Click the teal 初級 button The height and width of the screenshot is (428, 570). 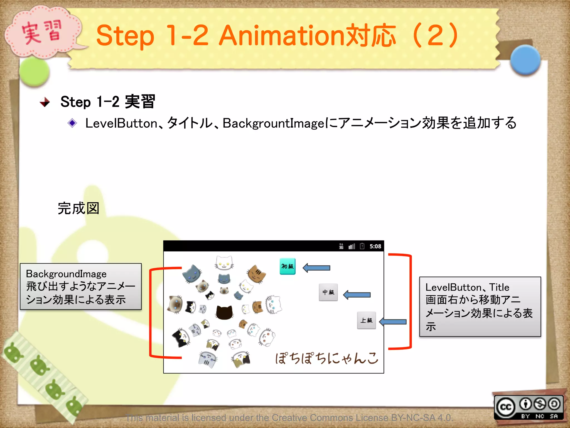point(288,266)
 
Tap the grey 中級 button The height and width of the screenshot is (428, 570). point(328,292)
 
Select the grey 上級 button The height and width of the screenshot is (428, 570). point(366,320)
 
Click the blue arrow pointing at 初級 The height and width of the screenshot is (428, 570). point(316,268)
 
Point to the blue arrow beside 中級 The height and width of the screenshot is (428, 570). point(357,295)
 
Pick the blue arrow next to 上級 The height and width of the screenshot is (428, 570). point(393,322)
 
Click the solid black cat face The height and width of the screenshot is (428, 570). point(224,312)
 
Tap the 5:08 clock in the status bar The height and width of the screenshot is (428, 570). point(375,246)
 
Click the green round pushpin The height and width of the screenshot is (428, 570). point(35,72)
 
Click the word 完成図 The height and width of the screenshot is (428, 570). point(78,208)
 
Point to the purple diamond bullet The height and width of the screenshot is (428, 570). point(72,123)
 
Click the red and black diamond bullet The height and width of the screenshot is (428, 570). point(45,102)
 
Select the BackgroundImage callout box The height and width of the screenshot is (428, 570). point(81,286)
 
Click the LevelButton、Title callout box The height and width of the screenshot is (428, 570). point(480,307)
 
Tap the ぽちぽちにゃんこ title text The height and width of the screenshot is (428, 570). point(327,358)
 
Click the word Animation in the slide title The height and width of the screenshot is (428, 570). point(281,35)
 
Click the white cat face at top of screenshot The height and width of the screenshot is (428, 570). point(224,262)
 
